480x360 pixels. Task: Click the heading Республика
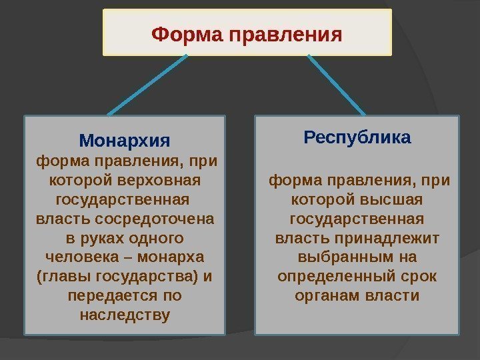[x=357, y=138]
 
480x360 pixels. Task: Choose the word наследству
[x=125, y=313]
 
